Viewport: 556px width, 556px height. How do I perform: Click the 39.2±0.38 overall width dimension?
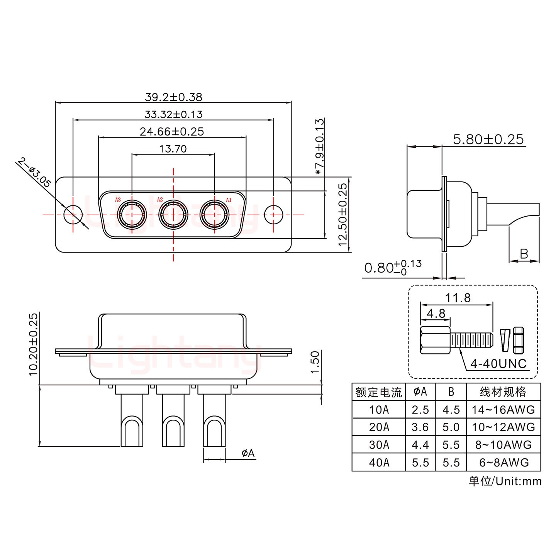tap(173, 97)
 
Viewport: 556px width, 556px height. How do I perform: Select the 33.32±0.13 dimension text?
tap(173, 114)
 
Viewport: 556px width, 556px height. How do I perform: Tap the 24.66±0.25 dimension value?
tap(172, 132)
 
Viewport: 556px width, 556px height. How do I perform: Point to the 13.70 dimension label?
tap(173, 149)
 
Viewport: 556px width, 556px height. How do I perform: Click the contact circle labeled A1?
tap(214, 214)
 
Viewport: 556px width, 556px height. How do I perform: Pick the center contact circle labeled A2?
tap(173, 214)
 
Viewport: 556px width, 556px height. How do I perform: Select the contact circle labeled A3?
tap(132, 214)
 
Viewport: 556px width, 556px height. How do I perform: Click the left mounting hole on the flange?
tap(73, 214)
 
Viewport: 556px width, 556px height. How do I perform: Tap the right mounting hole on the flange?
tap(273, 214)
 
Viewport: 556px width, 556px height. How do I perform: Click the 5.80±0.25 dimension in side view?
tap(488, 139)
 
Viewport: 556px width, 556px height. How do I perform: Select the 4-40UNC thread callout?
tap(498, 363)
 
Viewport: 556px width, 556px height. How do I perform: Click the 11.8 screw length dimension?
tap(458, 298)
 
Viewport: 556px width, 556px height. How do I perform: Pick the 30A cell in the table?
tap(379, 445)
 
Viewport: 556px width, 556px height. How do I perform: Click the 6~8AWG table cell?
tap(503, 462)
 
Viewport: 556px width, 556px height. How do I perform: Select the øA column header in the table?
tap(420, 392)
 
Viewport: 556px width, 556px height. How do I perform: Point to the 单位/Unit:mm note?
tap(505, 481)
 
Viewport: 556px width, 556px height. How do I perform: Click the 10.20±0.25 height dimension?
tap(34, 344)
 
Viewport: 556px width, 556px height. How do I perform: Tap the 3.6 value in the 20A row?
tap(420, 427)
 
